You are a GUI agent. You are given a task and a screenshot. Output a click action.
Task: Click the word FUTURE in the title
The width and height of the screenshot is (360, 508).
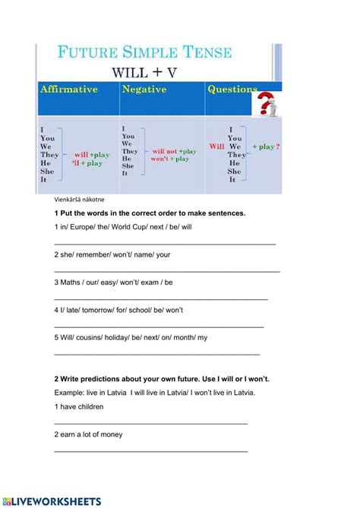(x=90, y=53)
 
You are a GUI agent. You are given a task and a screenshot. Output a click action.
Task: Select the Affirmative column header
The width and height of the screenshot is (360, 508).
(x=69, y=90)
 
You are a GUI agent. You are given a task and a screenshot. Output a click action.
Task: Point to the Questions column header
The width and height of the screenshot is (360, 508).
(x=232, y=90)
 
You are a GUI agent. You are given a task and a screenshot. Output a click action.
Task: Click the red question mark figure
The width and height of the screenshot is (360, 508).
(x=267, y=105)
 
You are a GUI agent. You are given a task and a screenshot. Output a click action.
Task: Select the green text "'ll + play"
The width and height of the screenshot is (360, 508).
(x=87, y=163)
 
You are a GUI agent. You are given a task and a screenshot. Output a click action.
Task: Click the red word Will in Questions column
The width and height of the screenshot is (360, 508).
(x=216, y=147)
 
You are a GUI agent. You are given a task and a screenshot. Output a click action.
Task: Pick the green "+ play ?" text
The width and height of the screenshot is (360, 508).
(x=263, y=147)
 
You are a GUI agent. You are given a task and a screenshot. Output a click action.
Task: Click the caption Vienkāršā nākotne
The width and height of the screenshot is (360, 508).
(x=84, y=200)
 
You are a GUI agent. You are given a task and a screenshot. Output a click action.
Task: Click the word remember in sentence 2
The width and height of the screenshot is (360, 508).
(x=95, y=254)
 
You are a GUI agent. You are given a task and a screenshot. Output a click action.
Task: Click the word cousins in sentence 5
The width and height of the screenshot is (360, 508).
(x=93, y=338)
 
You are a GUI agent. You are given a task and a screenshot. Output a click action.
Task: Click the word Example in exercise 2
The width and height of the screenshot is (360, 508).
(x=71, y=393)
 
